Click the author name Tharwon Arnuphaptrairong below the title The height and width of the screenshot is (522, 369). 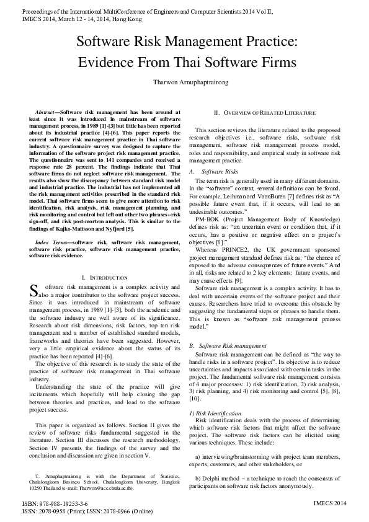(x=185, y=82)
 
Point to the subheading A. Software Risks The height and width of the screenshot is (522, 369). (x=213, y=170)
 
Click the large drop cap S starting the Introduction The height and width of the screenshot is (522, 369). (x=34, y=290)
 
